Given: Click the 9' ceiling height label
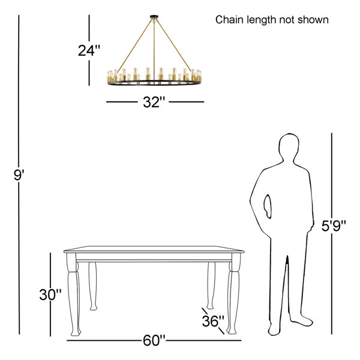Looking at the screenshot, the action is pyautogui.click(x=19, y=175).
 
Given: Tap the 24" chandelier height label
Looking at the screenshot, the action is pyautogui.click(x=89, y=50).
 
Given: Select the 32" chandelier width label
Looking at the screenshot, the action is pyautogui.click(x=154, y=102).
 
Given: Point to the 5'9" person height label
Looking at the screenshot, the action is pyautogui.click(x=334, y=226).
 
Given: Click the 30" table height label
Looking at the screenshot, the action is pyautogui.click(x=50, y=295).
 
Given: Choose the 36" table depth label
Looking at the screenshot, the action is pyautogui.click(x=213, y=321).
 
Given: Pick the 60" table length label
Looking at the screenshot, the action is pyautogui.click(x=154, y=340).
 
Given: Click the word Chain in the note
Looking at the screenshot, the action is pyautogui.click(x=230, y=20).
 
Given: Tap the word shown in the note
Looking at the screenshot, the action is pyautogui.click(x=313, y=20).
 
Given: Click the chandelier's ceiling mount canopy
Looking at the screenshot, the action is pyautogui.click(x=154, y=17).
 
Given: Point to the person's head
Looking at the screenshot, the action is pyautogui.click(x=289, y=147).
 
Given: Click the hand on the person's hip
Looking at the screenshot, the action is pyautogui.click(x=268, y=206).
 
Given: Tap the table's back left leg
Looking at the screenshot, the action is pyautogui.click(x=93, y=286).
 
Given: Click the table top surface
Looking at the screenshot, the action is pyautogui.click(x=154, y=248).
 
